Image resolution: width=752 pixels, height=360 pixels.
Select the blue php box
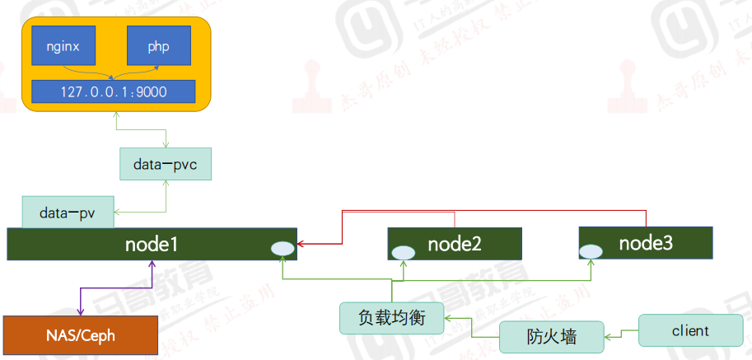tap(158, 46)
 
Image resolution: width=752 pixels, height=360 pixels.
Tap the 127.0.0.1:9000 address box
tap(114, 91)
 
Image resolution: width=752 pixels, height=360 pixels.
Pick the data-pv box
tap(68, 213)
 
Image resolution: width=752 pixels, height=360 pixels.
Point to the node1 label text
tap(152, 244)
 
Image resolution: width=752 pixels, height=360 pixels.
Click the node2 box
tap(455, 244)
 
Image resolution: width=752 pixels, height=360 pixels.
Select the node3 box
tap(645, 242)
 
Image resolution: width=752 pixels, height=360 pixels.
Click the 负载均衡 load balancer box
tap(392, 317)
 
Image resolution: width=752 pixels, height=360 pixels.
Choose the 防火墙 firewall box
tap(551, 337)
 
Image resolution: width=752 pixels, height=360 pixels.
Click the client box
tap(689, 331)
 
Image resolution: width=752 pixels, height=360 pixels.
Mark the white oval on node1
tap(282, 247)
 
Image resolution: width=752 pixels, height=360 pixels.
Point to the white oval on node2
tap(402, 253)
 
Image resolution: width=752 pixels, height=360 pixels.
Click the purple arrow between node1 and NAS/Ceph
tap(115, 288)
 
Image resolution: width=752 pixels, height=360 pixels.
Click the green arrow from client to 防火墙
tap(623, 334)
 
